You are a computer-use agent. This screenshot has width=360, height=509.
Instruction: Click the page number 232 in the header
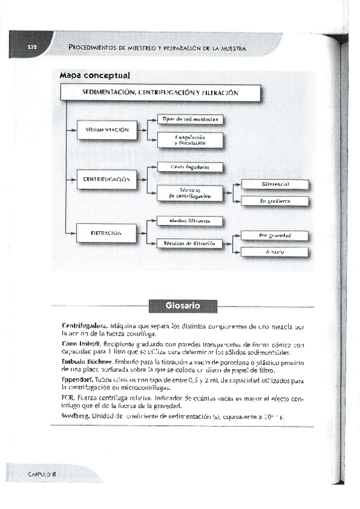point(32,47)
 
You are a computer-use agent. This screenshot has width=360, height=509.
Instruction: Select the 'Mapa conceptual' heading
point(95,76)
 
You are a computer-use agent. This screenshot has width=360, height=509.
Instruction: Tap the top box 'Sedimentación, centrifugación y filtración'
point(160,93)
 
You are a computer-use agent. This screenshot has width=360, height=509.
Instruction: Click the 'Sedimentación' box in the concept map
point(107,130)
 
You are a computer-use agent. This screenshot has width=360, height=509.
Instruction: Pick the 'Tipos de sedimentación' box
point(190,119)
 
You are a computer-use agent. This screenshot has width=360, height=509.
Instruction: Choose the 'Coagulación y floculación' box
point(190,140)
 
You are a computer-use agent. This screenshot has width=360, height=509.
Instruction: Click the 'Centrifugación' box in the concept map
point(107,179)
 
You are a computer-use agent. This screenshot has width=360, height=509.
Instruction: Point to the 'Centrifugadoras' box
point(190,167)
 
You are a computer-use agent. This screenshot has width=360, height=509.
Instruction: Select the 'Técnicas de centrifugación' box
point(190,193)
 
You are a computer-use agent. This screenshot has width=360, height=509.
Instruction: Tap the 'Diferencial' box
point(274,184)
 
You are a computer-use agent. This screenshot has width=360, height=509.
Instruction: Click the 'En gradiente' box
point(274,201)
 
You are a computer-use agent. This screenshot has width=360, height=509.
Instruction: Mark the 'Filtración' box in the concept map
point(107,232)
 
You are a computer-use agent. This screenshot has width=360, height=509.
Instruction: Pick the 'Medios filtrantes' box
point(190,221)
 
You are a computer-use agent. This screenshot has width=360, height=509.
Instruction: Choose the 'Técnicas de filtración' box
point(190,243)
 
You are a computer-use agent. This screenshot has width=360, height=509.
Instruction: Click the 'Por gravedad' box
point(274,235)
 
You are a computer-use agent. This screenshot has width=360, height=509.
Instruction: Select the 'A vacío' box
point(274,252)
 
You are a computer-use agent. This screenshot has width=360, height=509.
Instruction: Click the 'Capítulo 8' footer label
point(41,474)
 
